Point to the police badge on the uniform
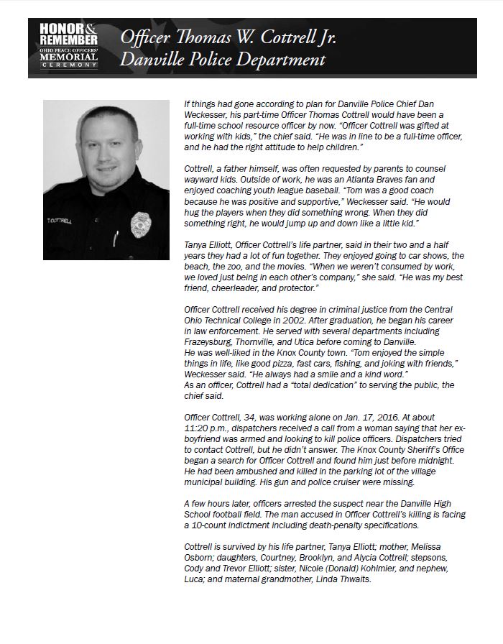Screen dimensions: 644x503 point(140,224)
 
